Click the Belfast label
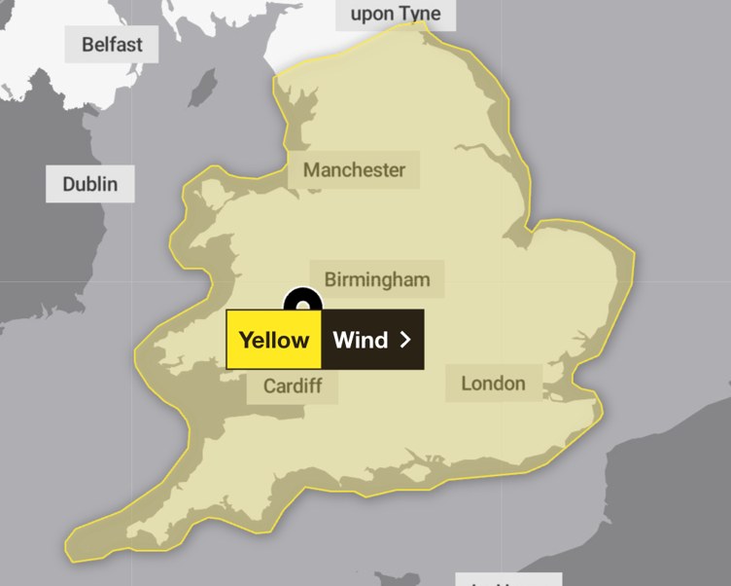[x=111, y=45]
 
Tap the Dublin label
[x=89, y=184]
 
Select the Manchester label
[x=354, y=170]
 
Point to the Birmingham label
[x=376, y=279]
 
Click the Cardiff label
[x=292, y=386]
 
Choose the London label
[x=493, y=383]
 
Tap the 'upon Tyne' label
[x=395, y=13]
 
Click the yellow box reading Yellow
[x=273, y=340]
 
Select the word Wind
[x=360, y=340]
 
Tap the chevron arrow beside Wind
[x=405, y=340]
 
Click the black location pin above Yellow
[x=302, y=301]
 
